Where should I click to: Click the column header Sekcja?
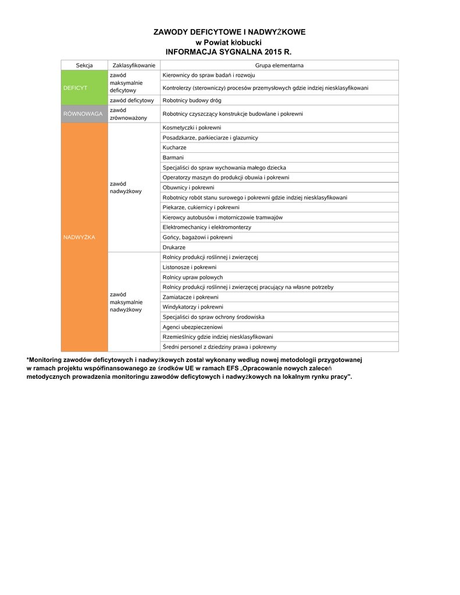click(x=84, y=66)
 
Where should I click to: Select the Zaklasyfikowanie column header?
click(x=134, y=66)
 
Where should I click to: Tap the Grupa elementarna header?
click(x=279, y=66)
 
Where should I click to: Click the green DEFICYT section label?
click(x=75, y=88)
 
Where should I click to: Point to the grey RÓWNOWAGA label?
click(x=83, y=114)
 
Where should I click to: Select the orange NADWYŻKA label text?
click(x=79, y=237)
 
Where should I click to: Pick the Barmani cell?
click(x=173, y=157)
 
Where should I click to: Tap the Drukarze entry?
click(x=174, y=247)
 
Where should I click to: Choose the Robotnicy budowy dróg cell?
click(x=192, y=101)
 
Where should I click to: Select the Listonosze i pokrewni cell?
click(x=190, y=267)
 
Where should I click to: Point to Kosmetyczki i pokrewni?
click(x=192, y=127)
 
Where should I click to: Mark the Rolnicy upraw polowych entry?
click(x=192, y=277)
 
